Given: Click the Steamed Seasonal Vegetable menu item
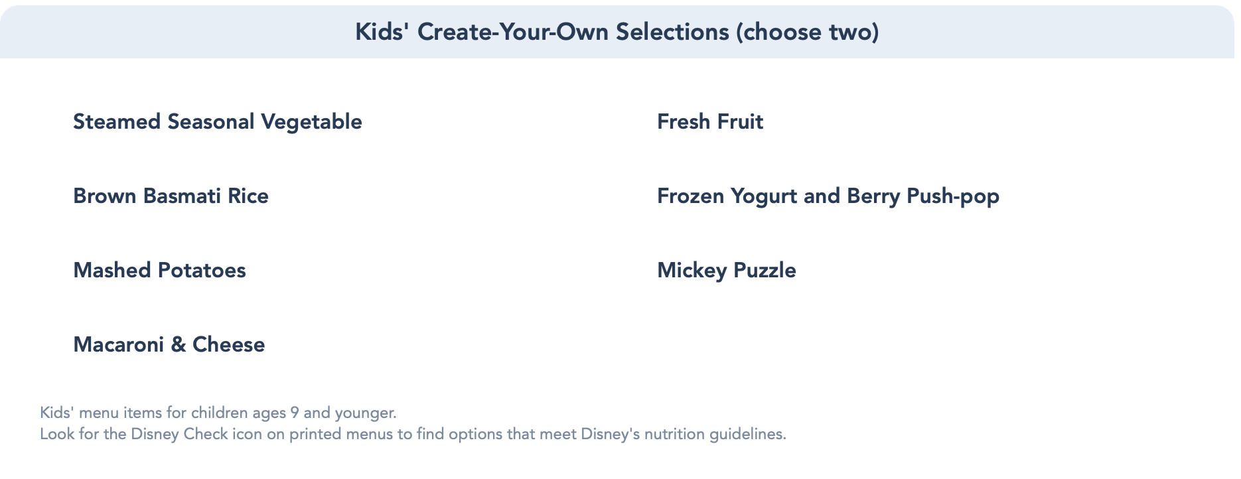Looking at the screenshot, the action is [x=218, y=122].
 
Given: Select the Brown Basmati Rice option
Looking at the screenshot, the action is [x=171, y=196].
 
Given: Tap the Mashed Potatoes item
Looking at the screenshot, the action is [x=159, y=270].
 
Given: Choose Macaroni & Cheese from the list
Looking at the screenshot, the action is [x=169, y=344].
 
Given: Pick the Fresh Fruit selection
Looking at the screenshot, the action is [x=710, y=121].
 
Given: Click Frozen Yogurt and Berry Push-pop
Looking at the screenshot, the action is [x=828, y=196].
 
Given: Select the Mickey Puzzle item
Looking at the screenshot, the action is [x=727, y=271].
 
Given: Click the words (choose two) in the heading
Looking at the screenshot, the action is [x=807, y=32].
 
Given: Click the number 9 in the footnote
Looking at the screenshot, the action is [x=294, y=413].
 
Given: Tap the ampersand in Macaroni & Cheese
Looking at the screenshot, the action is [x=179, y=344].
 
